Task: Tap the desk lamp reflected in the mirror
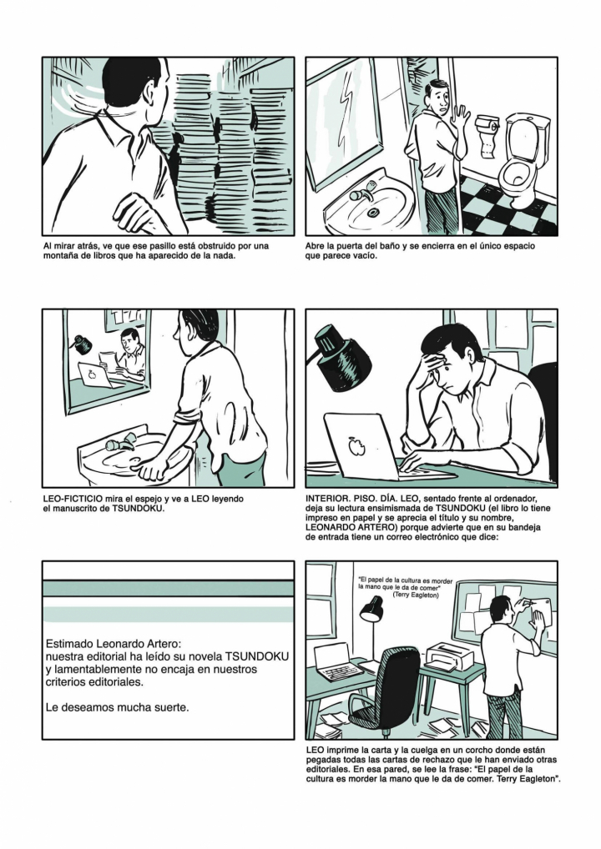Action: pyautogui.click(x=83, y=342)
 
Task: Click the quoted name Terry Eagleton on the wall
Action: pyautogui.click(x=416, y=595)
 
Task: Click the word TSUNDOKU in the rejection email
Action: pyautogui.click(x=257, y=656)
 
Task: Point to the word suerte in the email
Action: pyautogui.click(x=172, y=707)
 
